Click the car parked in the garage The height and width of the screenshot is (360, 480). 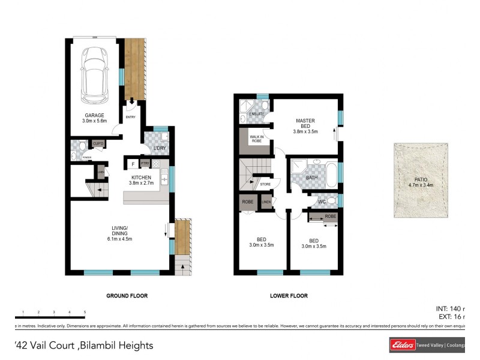(94, 74)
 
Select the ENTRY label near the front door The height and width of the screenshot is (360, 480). (131, 117)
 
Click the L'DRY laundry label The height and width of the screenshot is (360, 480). (160, 148)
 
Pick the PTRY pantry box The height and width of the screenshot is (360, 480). (145, 163)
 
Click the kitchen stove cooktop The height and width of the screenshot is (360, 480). (156, 163)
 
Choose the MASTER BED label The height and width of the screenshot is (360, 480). (305, 124)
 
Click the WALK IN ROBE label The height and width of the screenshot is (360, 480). (256, 139)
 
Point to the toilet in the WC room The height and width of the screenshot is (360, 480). (331, 201)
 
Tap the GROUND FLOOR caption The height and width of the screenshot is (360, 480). (127, 296)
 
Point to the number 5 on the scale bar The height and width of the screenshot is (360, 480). (85, 313)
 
